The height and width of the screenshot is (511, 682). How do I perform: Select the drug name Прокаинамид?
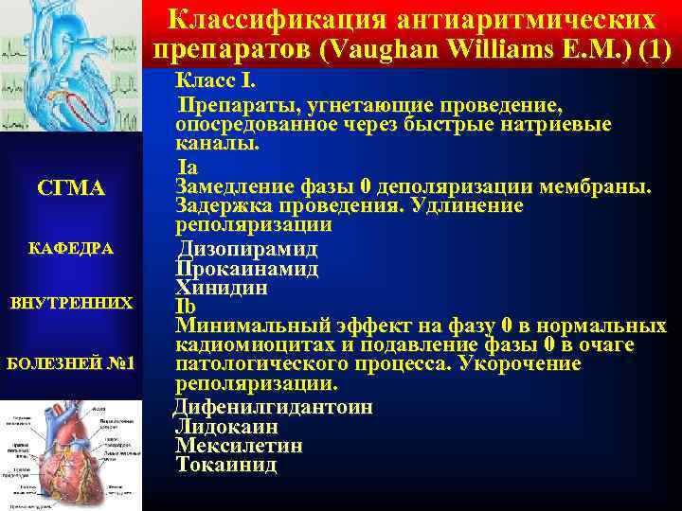[247, 269]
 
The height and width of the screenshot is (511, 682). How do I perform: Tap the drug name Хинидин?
[222, 288]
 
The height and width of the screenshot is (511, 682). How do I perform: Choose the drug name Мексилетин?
[240, 445]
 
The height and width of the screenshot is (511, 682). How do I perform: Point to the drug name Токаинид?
[226, 465]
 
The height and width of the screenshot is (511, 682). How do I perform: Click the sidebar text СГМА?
[71, 189]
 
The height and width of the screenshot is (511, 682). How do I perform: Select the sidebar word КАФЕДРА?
[71, 248]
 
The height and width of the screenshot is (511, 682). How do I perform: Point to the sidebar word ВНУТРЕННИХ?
[71, 305]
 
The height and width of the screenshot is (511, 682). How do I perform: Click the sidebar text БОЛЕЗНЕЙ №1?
[71, 363]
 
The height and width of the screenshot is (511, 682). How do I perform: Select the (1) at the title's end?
[654, 49]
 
